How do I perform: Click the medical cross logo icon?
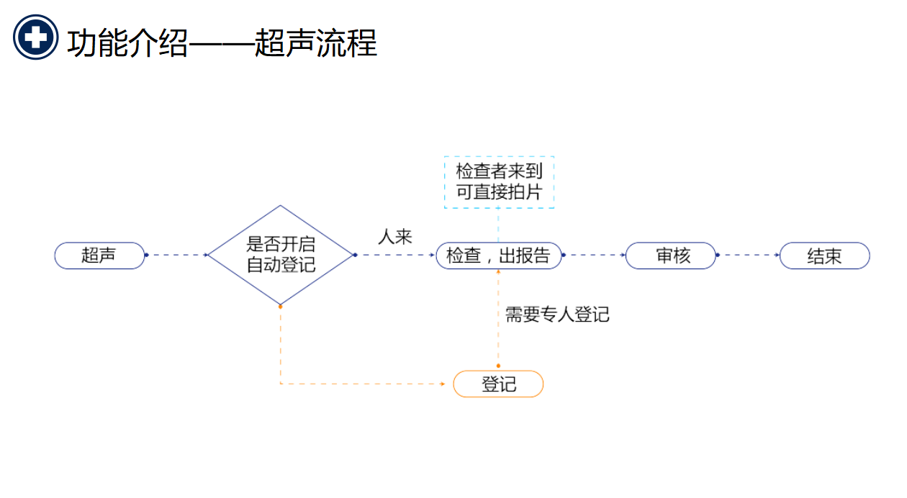point(35,37)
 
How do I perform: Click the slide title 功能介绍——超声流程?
point(222,43)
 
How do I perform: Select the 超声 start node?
point(99,255)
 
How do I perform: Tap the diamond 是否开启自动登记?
point(280,255)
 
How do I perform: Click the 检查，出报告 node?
point(498,255)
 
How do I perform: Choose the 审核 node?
point(671,255)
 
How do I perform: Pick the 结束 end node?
point(824,255)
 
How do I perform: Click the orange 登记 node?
point(498,384)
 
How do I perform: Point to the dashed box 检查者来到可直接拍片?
point(499,182)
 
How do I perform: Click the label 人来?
point(395,237)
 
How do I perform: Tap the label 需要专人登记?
point(557,314)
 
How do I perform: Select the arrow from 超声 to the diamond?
point(177,255)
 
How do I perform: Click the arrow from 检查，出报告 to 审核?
point(594,255)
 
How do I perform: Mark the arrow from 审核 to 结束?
point(749,255)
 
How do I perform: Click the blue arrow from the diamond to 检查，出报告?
point(395,255)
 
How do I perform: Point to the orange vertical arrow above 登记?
point(498,317)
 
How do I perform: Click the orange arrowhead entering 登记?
point(443,384)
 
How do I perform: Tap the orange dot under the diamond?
point(280,306)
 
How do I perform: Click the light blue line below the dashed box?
point(498,225)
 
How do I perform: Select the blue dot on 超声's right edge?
point(146,255)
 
